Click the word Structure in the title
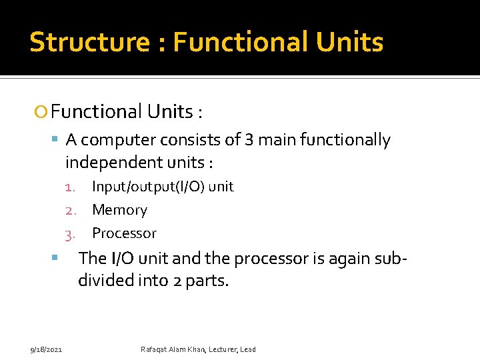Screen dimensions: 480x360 coord(89,42)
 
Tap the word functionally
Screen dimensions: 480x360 coord(345,140)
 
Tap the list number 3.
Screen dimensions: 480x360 coord(69,234)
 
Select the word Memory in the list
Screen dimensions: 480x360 coord(119,210)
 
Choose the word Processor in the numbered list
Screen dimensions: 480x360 coord(124,233)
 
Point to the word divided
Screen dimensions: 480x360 coord(109,281)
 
